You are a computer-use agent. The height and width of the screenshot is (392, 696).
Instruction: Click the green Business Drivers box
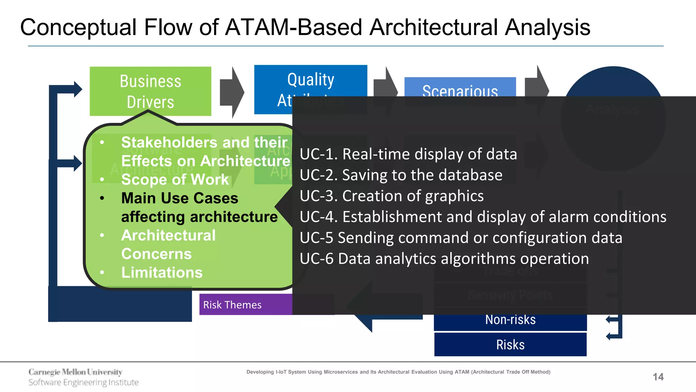pos(150,91)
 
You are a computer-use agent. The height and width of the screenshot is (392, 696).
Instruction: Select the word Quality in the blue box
pos(311,80)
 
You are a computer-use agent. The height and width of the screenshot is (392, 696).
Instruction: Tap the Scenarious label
pos(460,90)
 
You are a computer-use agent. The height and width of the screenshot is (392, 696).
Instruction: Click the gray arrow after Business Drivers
pos(232,92)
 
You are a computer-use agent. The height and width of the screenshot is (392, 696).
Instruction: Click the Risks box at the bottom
pos(510,345)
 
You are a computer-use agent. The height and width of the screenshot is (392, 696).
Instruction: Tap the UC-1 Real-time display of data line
pos(408,154)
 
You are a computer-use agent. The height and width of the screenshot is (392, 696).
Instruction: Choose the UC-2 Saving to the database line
pos(401,175)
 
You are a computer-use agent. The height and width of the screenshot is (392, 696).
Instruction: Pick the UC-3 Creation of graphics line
pos(391,196)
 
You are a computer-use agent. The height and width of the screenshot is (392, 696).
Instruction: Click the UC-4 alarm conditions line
pos(483,217)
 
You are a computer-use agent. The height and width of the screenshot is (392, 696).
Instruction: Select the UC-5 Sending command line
pos(460,238)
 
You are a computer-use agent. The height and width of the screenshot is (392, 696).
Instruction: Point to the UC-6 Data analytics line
pos(444,259)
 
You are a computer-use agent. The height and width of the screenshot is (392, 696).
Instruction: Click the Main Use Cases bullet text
pos(179,198)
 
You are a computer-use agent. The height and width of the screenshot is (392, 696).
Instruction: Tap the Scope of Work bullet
pos(175,180)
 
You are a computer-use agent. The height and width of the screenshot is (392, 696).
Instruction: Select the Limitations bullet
pos(162,273)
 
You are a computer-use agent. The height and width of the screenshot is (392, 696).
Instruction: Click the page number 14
pos(658,377)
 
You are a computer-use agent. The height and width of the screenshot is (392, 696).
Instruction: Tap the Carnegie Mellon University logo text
pos(75,372)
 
